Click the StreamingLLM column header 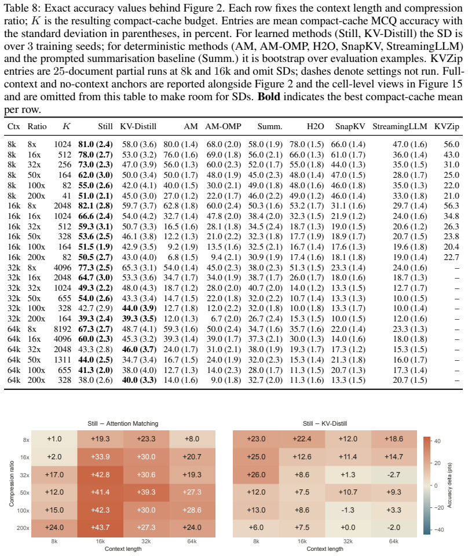[400, 127]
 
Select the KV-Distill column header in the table [138, 127]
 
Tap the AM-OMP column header [223, 127]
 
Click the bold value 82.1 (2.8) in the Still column [96, 206]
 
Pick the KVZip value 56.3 [451, 206]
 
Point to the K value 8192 [63, 329]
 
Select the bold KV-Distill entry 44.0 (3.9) [140, 309]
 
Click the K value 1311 [63, 360]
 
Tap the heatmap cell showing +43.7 [100, 528]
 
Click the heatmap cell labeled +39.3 [146, 492]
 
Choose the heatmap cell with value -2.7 [394, 474]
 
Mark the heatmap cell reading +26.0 [256, 474]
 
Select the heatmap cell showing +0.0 [348, 528]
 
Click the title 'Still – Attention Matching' [123, 423]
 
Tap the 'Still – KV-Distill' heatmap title [325, 423]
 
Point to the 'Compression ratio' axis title [12, 484]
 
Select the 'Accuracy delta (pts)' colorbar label [449, 485]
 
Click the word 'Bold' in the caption [269, 97]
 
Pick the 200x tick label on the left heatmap [23, 528]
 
